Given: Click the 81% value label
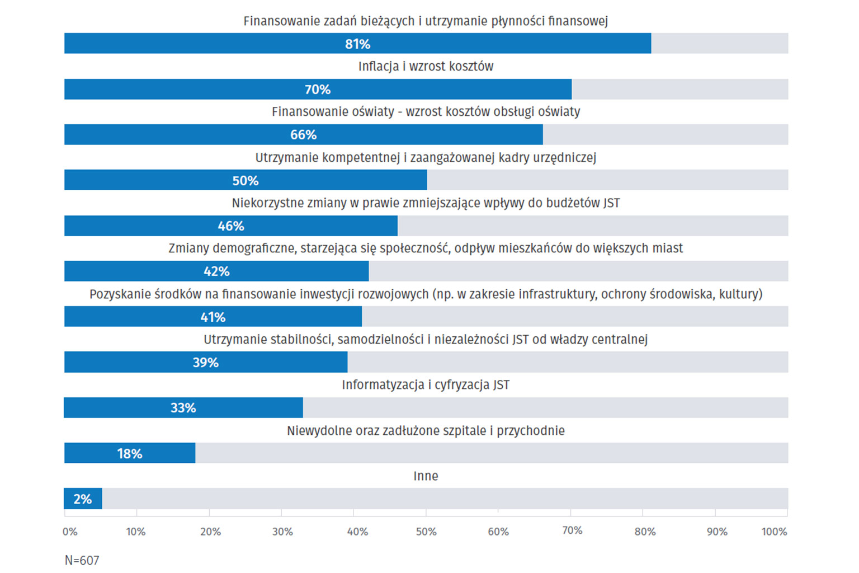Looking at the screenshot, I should click(357, 44).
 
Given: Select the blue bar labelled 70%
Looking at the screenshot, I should click(318, 90).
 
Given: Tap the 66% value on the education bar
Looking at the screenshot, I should click(303, 135).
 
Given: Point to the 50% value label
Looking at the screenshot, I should click(246, 181).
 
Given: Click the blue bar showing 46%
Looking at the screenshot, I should click(230, 226).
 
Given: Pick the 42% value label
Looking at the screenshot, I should click(216, 271).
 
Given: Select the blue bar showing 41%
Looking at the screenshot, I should click(213, 317).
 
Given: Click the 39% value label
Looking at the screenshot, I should click(205, 363).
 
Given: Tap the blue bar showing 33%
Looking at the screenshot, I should click(183, 408).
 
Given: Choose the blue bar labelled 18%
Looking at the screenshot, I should click(129, 453).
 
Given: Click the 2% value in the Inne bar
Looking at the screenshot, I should click(83, 499).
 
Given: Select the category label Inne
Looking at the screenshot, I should click(426, 476).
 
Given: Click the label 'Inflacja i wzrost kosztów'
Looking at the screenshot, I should click(426, 67).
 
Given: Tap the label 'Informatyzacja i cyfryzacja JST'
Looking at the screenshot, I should click(426, 385).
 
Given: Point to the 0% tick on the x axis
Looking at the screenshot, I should click(70, 532).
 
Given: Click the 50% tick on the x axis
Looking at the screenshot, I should click(426, 532).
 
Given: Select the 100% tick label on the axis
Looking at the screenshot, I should click(774, 532).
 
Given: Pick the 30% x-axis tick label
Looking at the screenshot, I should click(282, 532).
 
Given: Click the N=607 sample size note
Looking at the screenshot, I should click(82, 560).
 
